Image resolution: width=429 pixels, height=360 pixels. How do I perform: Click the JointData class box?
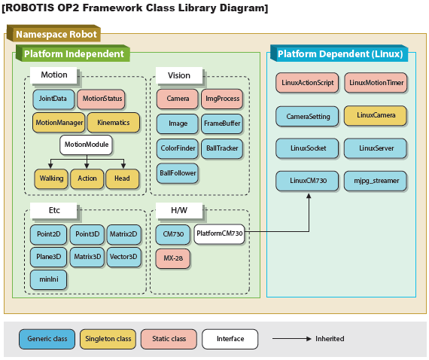click(53, 99)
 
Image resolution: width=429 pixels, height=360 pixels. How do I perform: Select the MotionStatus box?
click(102, 99)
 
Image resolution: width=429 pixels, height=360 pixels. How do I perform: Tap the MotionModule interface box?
click(87, 145)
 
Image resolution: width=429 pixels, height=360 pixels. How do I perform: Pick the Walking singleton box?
click(51, 178)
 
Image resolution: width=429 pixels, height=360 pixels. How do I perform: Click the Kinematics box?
click(114, 123)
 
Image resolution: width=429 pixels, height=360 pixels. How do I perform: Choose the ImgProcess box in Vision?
click(222, 99)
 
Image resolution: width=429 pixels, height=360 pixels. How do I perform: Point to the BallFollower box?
click(178, 173)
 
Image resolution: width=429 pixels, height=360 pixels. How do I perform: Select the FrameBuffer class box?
click(222, 124)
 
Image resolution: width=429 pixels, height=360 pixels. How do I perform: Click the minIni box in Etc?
click(49, 279)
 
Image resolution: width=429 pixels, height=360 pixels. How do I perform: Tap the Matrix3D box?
click(87, 257)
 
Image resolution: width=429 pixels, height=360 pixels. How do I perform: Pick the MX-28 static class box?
click(173, 258)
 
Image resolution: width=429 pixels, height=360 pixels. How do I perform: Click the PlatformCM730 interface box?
click(220, 234)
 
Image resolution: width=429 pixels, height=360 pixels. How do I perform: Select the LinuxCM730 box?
click(307, 181)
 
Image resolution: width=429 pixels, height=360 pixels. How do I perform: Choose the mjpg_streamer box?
click(376, 181)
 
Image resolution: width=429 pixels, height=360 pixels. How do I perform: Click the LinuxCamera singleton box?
click(376, 115)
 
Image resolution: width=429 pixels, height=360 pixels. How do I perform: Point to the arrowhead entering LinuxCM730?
click(309, 196)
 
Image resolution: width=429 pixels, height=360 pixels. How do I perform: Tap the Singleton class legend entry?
click(108, 339)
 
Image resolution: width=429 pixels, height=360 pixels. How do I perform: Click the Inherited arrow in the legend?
click(292, 339)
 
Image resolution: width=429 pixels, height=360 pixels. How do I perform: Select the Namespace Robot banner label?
click(56, 35)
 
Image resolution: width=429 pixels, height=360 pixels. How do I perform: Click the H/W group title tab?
click(179, 211)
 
